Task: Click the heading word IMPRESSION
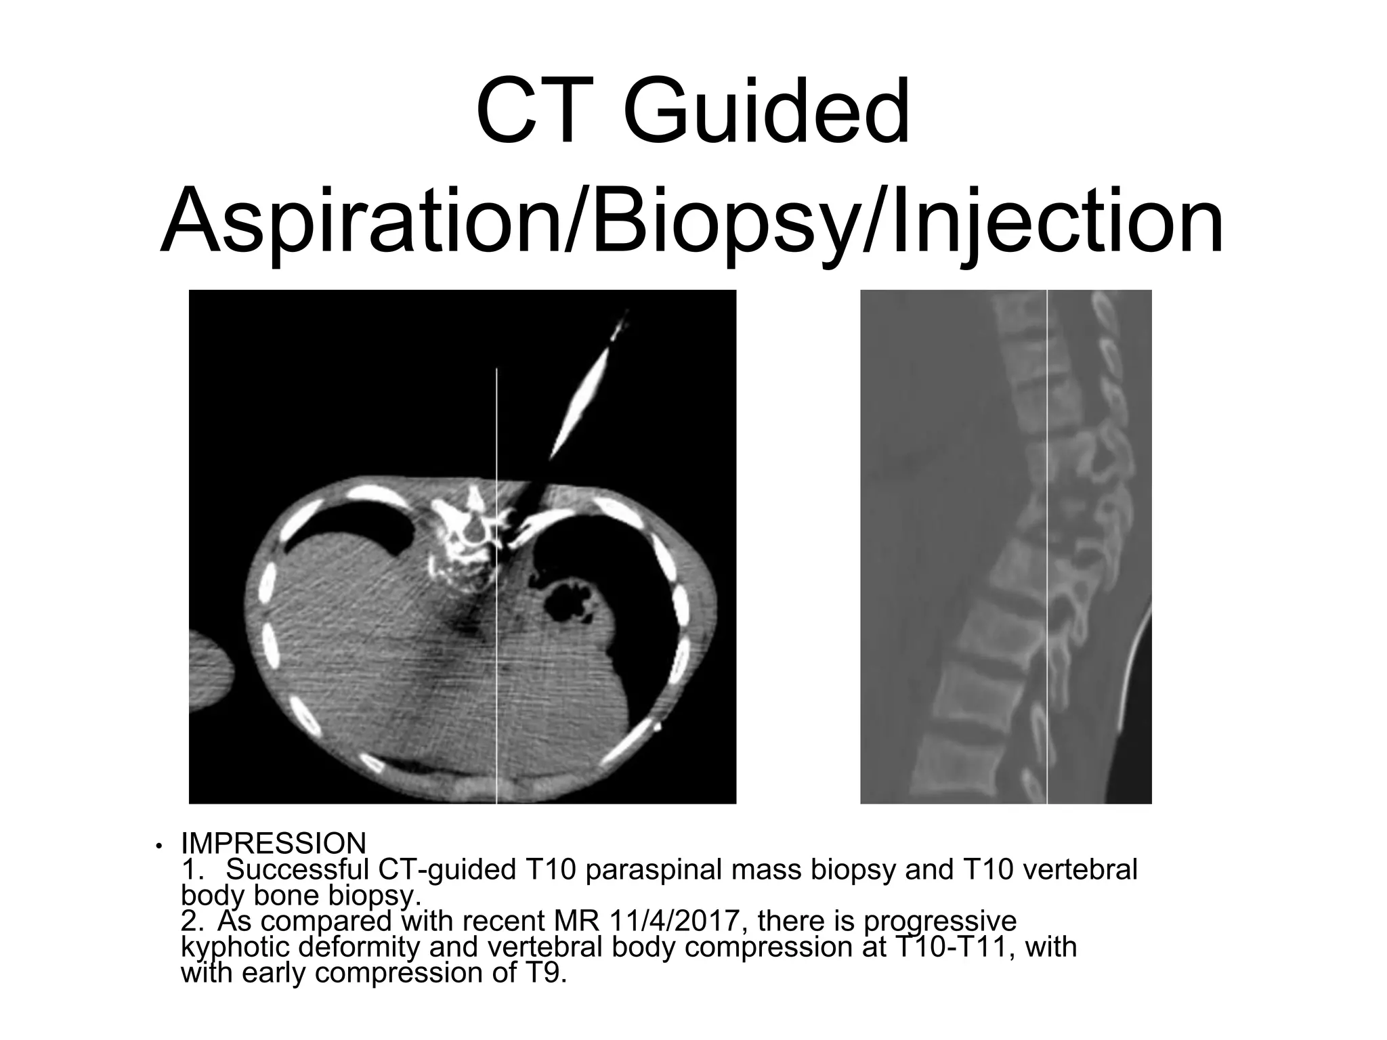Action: pyautogui.click(x=274, y=844)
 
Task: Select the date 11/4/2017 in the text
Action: pyautogui.click(x=679, y=922)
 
